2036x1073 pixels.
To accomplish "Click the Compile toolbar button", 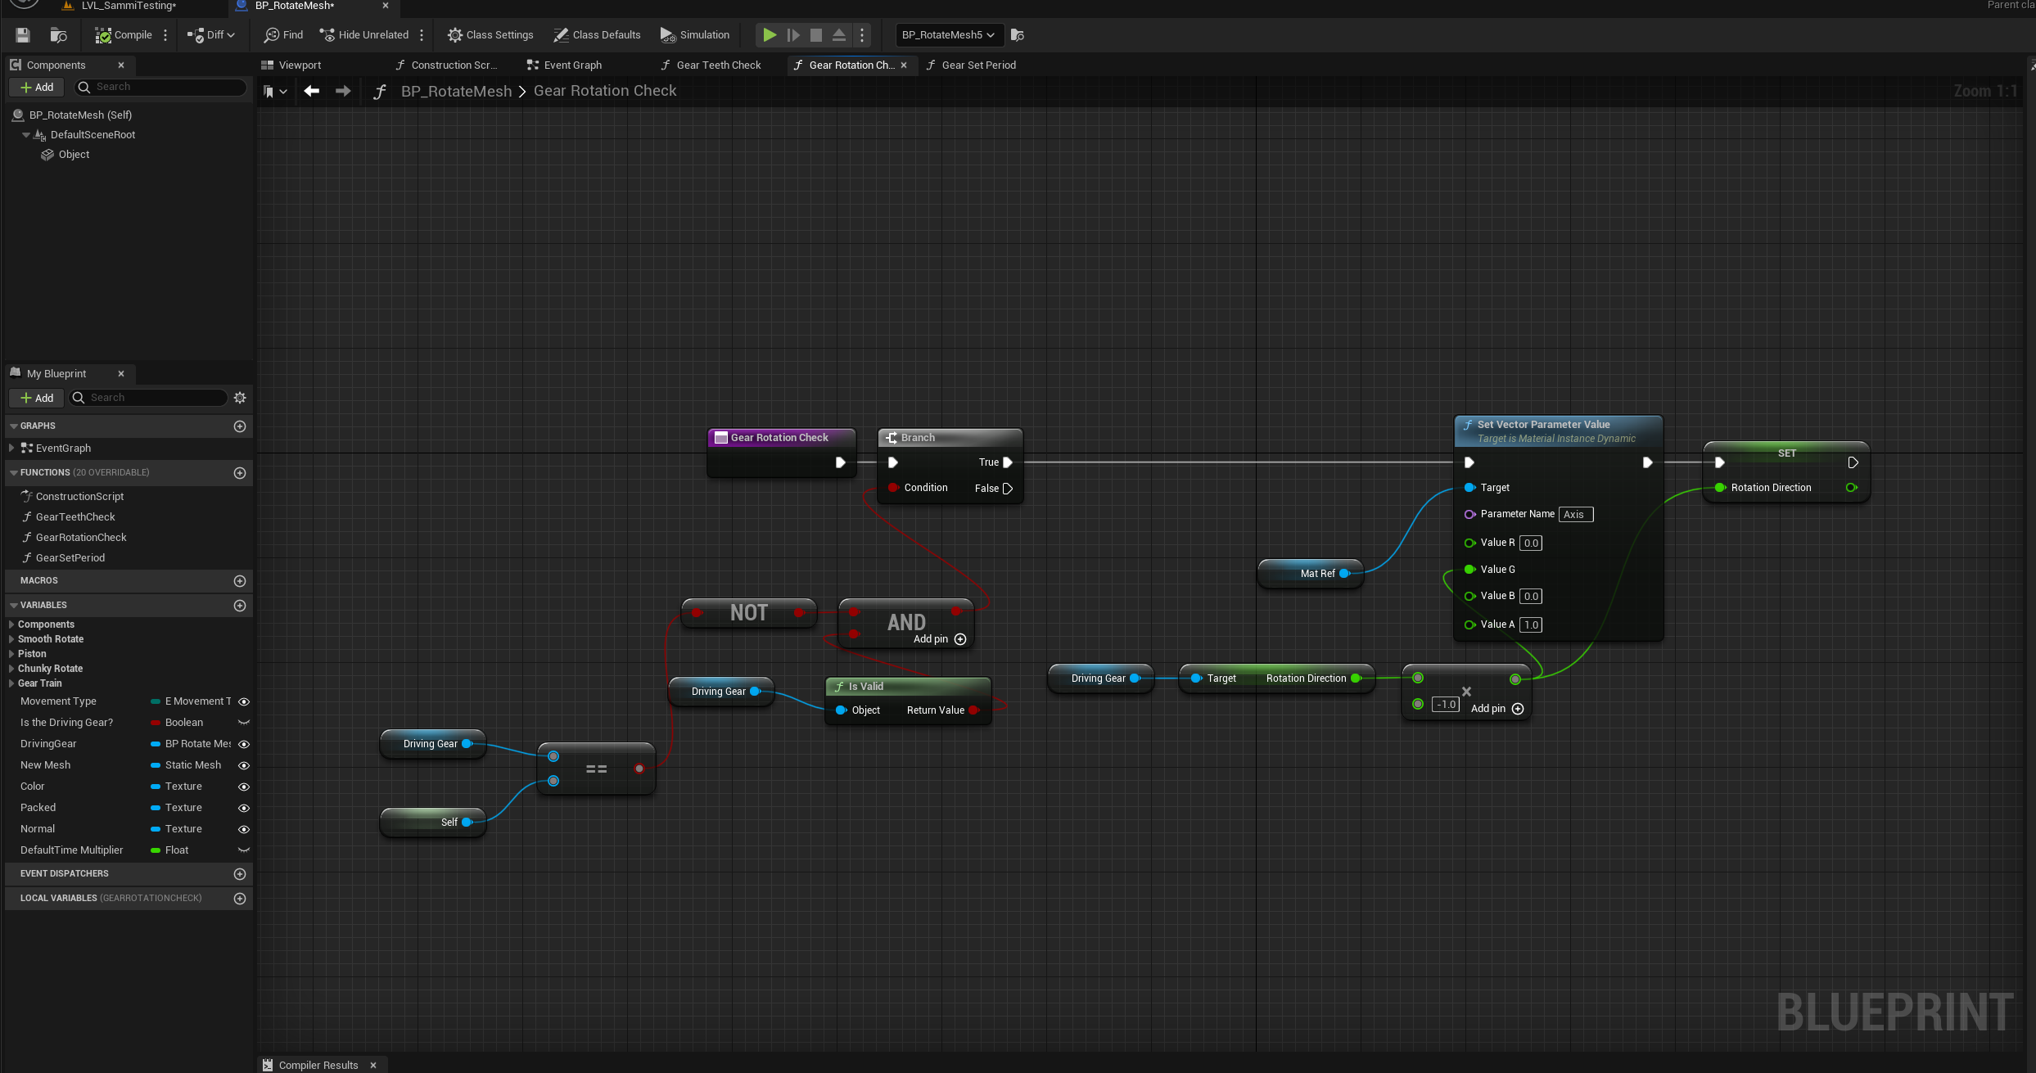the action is [124, 35].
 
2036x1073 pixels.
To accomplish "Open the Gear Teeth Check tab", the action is [718, 65].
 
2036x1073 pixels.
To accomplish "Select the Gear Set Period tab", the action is [977, 65].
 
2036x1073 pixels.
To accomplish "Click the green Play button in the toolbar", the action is [770, 35].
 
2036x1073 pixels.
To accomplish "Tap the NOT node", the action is [748, 613].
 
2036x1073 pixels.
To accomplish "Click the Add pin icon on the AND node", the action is [960, 639].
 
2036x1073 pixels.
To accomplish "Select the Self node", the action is [434, 822].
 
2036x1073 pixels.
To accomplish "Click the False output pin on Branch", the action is [1008, 489].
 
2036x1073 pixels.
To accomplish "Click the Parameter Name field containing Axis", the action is [1575, 515].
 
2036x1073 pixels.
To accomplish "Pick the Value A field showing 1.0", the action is [1530, 625].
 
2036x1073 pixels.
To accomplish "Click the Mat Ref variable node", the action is [1311, 574].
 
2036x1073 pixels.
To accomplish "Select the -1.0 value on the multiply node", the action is [1446, 705].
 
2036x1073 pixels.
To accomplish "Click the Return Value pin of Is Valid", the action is [973, 710].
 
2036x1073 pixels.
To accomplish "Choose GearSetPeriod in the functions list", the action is [70, 558].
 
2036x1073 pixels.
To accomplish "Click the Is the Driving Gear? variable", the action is [67, 723].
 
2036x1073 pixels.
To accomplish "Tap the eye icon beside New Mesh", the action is [244, 765].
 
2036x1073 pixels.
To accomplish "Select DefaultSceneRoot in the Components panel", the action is [93, 135].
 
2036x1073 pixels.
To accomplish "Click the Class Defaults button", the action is [597, 35].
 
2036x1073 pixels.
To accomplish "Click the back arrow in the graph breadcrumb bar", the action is [312, 91].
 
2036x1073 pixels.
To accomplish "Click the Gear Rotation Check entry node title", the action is [779, 438].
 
